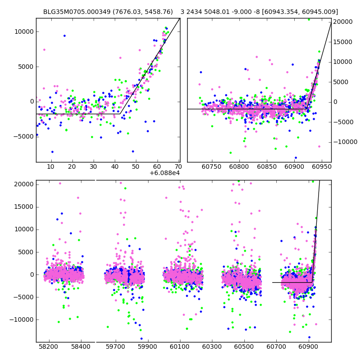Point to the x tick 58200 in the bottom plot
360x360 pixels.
coord(49,348)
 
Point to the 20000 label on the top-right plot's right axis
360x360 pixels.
coord(345,22)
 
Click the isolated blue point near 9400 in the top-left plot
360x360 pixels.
coord(64,36)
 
